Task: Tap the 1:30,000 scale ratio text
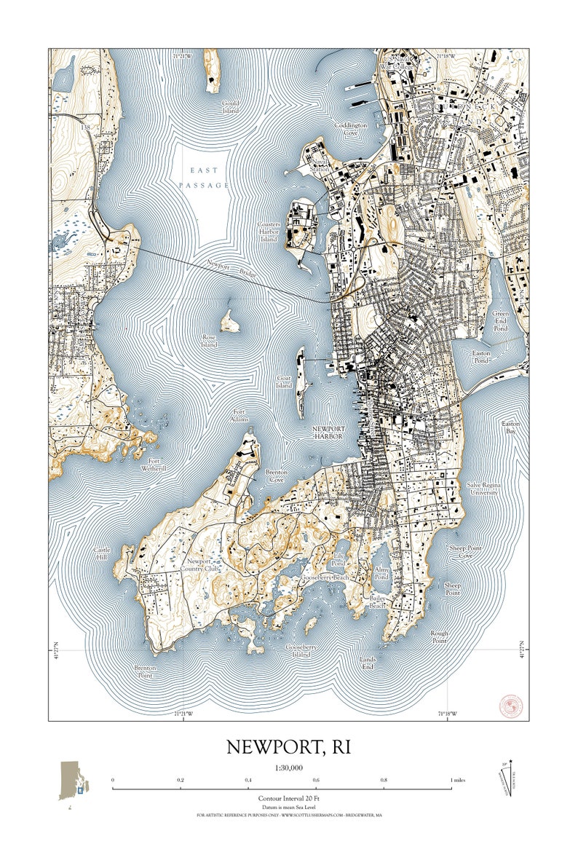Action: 289,768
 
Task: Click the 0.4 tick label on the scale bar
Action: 248,780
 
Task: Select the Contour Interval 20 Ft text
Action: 289,798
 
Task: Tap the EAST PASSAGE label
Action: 205,178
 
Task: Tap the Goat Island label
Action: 285,382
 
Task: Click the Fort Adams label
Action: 240,416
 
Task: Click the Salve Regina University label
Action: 483,489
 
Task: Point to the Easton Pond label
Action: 482,357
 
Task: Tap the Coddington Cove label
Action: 351,128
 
